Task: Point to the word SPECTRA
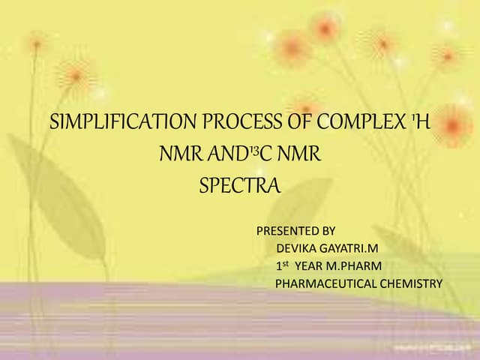pos(239,185)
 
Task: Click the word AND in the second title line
pos(223,154)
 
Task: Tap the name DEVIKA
pos(295,247)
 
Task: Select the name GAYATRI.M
pos(347,247)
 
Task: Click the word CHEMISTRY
pos(409,283)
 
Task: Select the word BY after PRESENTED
pos(328,230)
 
